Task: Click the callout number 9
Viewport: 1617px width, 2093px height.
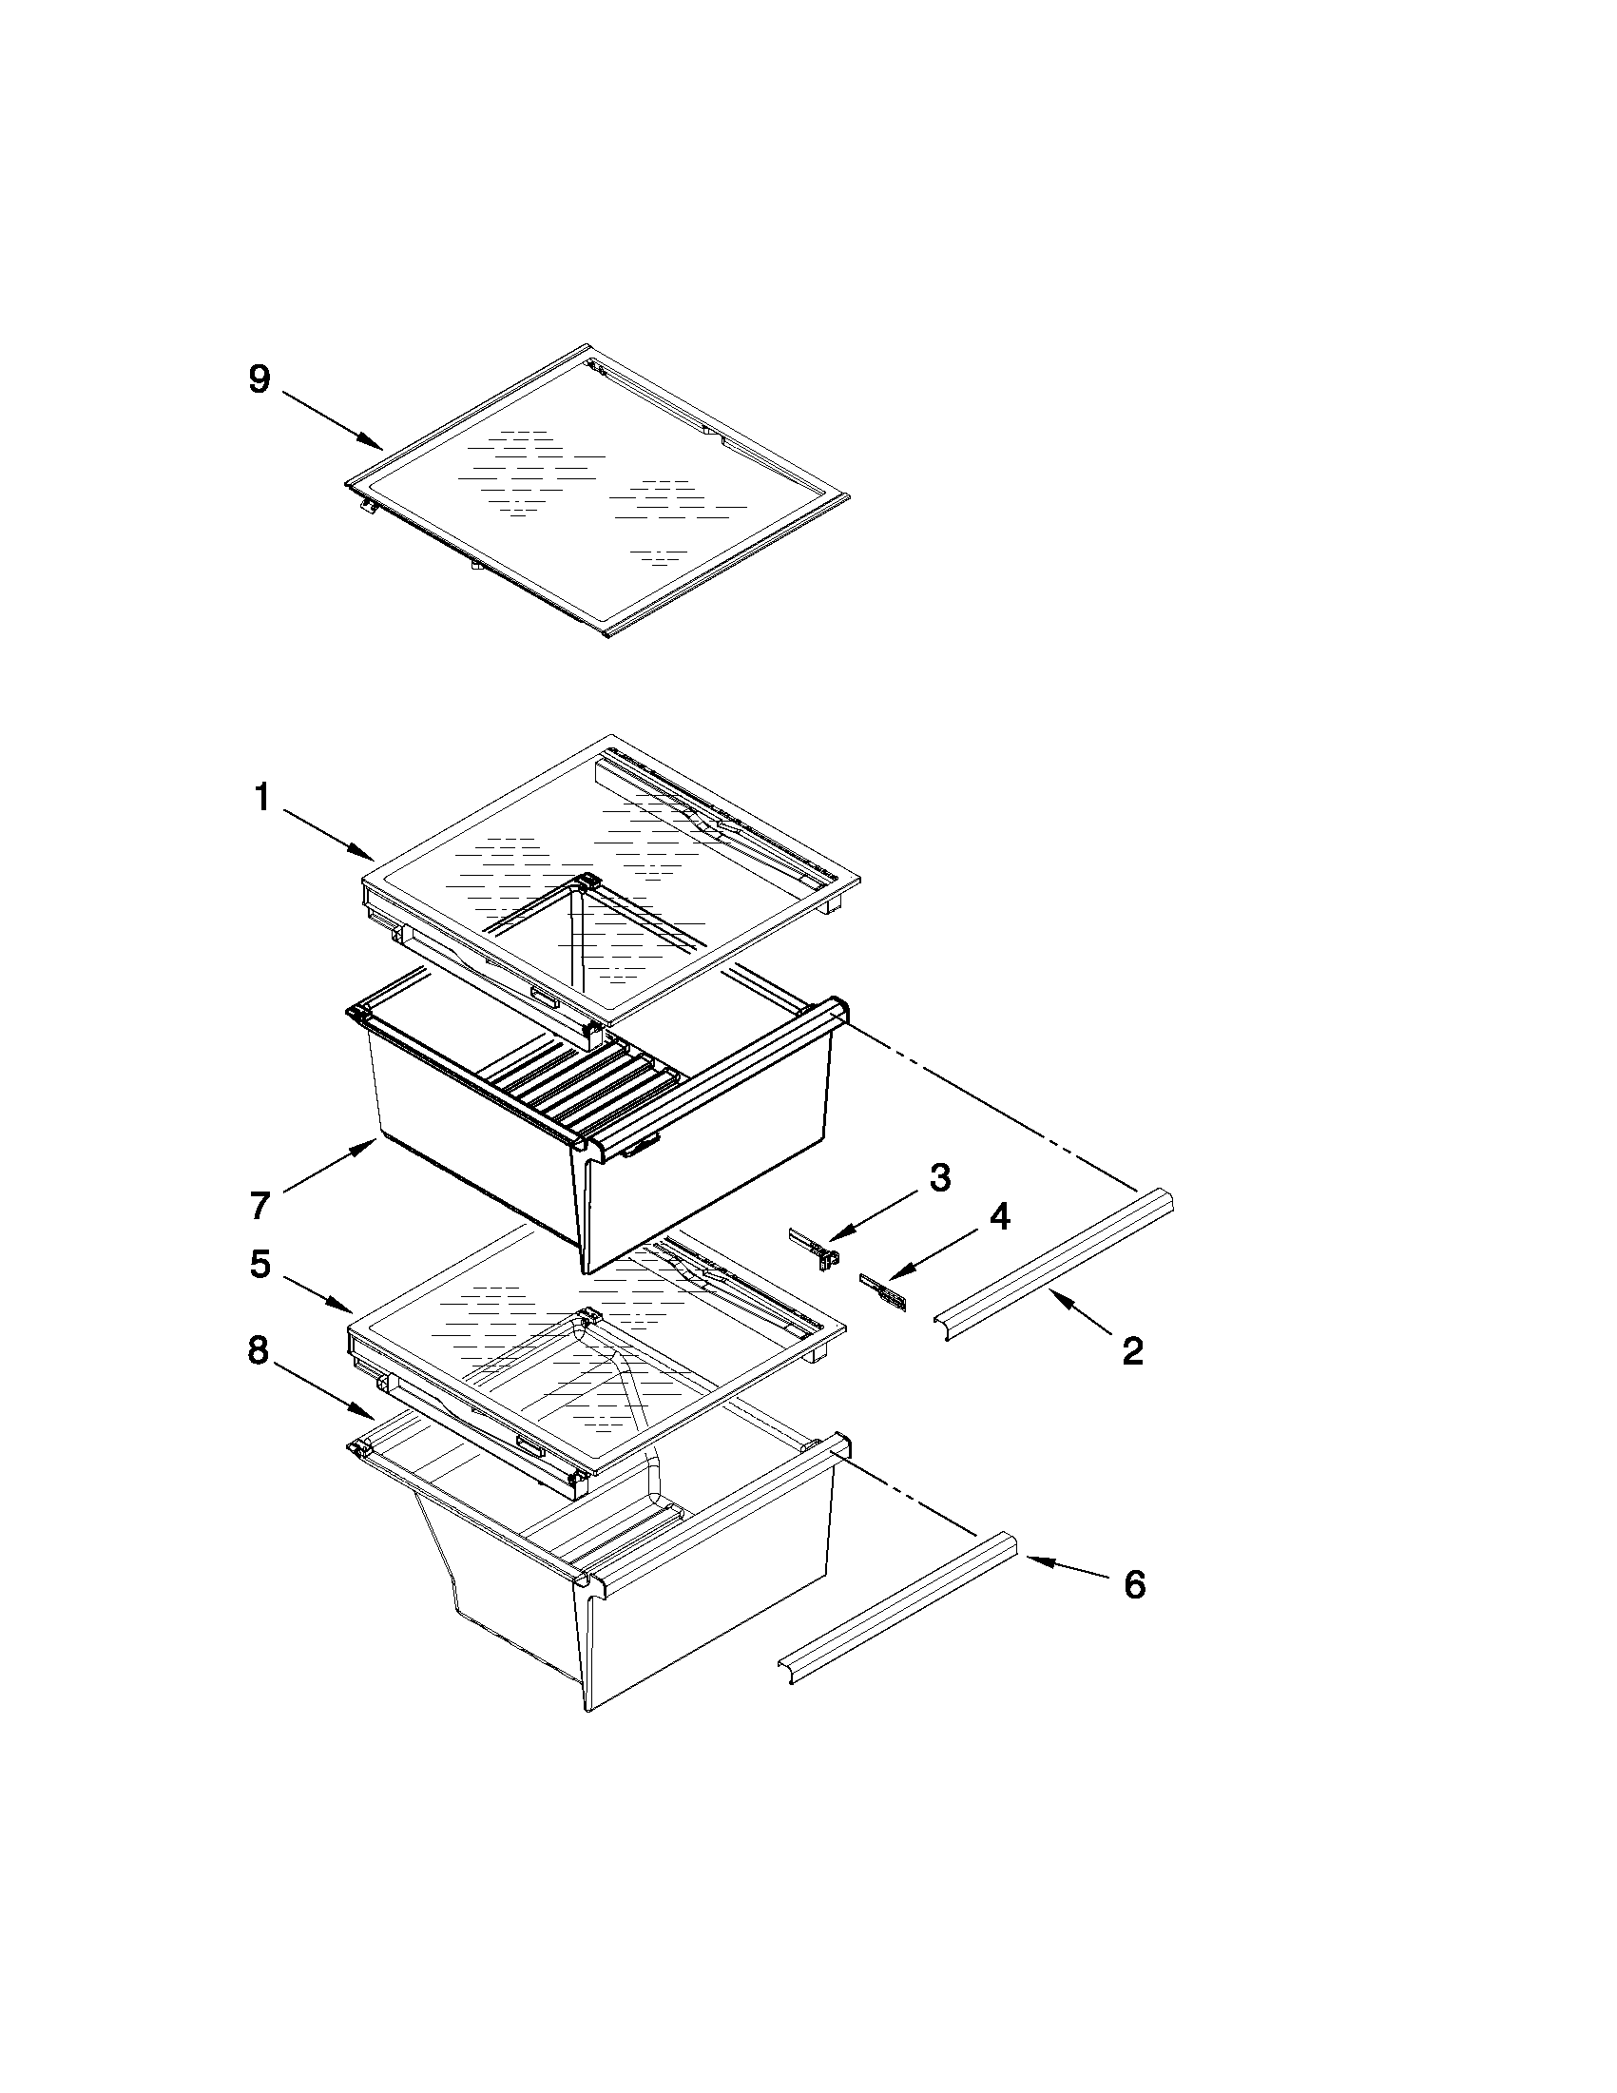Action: (260, 380)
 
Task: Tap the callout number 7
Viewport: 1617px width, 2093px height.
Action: (260, 1206)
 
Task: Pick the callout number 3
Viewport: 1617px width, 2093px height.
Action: (940, 1178)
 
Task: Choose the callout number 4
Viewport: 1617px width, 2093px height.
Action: (999, 1217)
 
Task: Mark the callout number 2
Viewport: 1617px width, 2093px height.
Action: (1132, 1351)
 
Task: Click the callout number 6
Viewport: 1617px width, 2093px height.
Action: (1134, 1585)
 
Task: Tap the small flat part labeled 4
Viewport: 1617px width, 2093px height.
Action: (886, 1290)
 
